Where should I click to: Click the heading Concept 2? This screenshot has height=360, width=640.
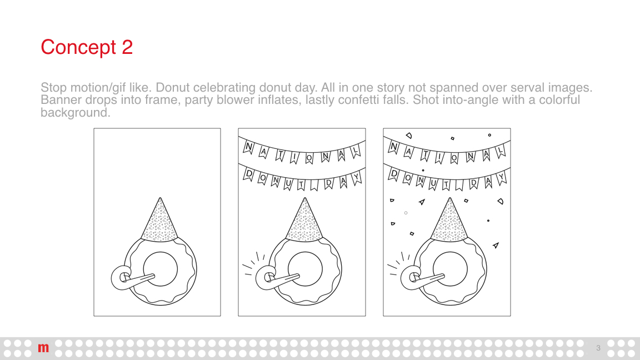click(87, 47)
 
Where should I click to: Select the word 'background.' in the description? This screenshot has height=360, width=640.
click(76, 113)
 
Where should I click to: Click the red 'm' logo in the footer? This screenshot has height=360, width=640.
click(43, 348)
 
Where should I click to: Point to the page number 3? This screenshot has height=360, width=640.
click(598, 348)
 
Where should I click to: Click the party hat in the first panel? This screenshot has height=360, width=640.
click(159, 221)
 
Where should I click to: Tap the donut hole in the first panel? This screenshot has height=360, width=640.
click(161, 269)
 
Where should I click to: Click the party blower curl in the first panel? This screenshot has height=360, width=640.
click(121, 278)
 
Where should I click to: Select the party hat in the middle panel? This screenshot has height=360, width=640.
click(304, 221)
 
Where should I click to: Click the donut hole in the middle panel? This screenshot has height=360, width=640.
click(305, 269)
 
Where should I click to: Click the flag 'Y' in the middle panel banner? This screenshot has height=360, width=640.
click(357, 178)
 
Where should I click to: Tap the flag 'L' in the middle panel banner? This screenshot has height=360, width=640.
click(356, 152)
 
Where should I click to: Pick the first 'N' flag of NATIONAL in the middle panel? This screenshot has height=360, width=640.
click(248, 147)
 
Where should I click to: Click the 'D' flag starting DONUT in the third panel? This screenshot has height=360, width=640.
click(393, 174)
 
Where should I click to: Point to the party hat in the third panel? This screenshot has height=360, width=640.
click(449, 221)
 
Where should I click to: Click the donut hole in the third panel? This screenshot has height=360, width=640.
click(450, 269)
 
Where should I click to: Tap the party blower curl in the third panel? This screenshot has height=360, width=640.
click(411, 278)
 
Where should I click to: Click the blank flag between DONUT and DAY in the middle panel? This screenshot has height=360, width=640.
click(314, 185)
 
